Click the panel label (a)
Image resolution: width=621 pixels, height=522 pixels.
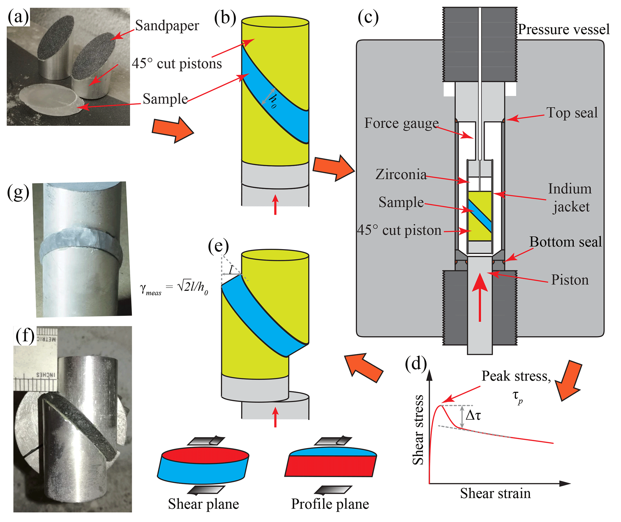click(18, 17)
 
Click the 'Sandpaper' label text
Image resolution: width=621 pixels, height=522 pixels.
click(167, 26)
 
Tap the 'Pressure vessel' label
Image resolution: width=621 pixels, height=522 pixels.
click(564, 29)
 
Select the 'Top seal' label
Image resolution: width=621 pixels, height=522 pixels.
click(572, 113)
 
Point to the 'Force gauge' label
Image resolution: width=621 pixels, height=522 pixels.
click(401, 123)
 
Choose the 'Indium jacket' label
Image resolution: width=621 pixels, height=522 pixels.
click(570, 198)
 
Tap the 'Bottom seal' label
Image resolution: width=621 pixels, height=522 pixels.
click(565, 242)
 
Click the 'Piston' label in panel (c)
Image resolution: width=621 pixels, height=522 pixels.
click(570, 280)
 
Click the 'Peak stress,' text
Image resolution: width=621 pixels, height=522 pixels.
click(516, 376)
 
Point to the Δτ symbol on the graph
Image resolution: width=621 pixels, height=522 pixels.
click(473, 416)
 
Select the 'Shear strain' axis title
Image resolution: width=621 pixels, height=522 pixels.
click(495, 493)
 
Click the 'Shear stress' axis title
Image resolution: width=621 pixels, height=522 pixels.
click(418, 430)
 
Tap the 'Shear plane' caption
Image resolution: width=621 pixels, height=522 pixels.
click(203, 504)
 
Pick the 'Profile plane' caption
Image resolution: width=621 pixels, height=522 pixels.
click(330, 504)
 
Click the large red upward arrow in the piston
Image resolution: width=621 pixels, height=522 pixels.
click(480, 297)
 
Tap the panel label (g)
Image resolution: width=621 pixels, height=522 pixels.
click(18, 192)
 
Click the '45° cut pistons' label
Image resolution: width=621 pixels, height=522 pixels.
click(177, 64)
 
